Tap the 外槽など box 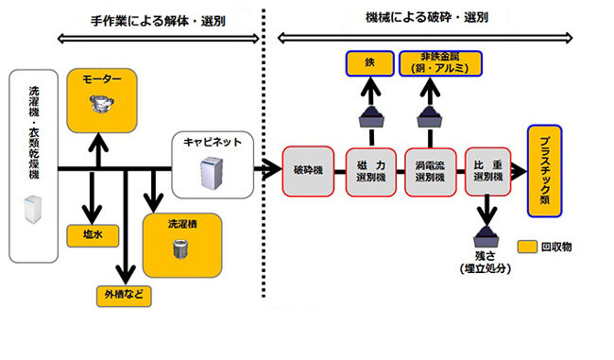[125, 293]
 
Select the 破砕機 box [308, 171]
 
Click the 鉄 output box [370, 65]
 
